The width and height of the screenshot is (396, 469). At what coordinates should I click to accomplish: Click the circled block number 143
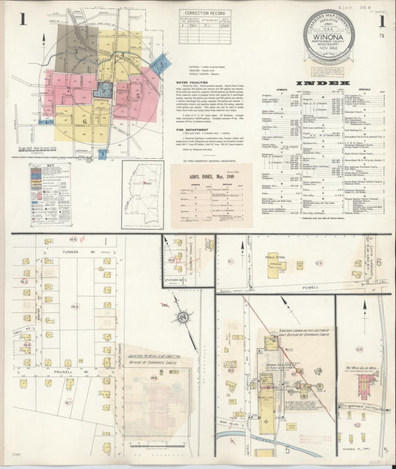(74, 305)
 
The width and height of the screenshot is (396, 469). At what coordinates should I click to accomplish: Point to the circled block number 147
(68, 402)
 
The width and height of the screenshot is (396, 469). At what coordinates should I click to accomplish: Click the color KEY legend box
(51, 191)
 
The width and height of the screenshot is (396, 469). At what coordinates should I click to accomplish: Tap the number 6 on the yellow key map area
(84, 119)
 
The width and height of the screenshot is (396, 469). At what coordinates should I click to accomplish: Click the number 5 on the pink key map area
(137, 95)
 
